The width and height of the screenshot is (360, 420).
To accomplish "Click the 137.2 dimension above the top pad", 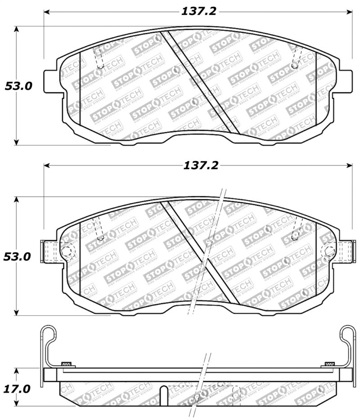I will coord(198,12).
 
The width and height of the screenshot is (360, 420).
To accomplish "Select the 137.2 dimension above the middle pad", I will coord(200,165).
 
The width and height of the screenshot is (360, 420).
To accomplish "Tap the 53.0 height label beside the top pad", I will coord(18,86).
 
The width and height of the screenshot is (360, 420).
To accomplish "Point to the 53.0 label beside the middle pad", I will coord(18,257).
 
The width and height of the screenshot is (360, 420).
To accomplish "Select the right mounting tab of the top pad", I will coord(346,81).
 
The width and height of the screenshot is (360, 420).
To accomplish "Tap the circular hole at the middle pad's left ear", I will coord(66,251).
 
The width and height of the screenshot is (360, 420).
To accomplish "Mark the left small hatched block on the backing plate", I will coord(66,363).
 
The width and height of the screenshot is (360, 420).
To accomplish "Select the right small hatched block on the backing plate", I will coord(329,363).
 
